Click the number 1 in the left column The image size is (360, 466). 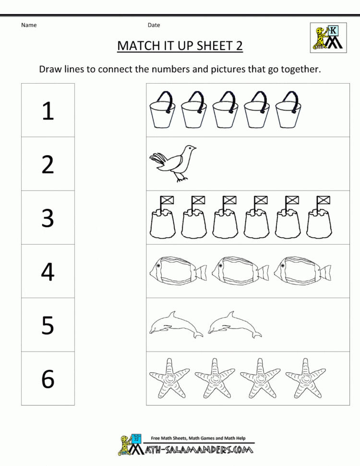coord(48,111)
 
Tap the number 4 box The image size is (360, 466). coord(48,271)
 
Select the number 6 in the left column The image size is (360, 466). coord(48,379)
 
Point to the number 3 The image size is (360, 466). coord(48,218)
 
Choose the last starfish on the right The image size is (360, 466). coord(304,378)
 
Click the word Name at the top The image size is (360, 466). coord(29,25)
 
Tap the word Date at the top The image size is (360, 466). coord(154,25)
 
